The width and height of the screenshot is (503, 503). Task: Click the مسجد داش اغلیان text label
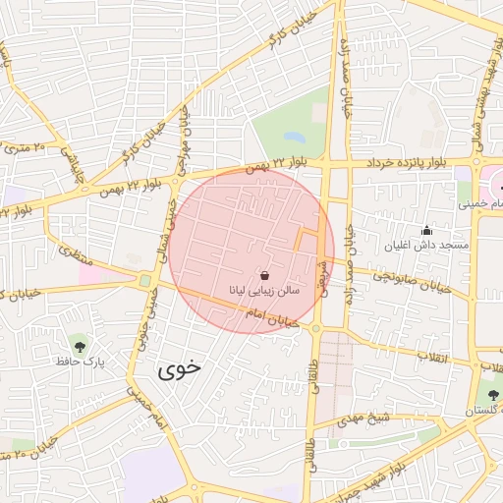tap(441, 244)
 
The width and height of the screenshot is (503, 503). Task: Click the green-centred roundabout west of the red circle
tap(145, 282)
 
